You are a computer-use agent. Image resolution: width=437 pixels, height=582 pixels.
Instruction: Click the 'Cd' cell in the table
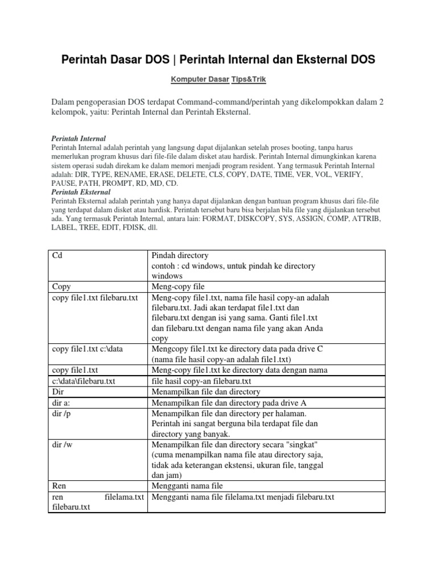(57, 255)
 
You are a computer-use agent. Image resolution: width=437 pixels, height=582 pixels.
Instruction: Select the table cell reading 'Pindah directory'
(180, 255)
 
